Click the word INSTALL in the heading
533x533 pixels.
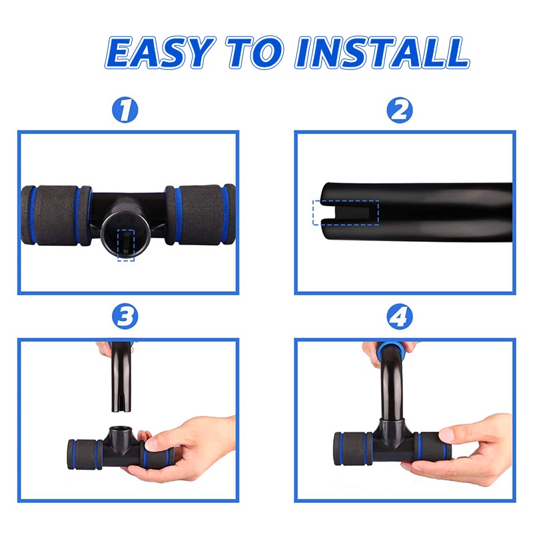pyautogui.click(x=382, y=53)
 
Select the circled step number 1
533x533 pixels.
pyautogui.click(x=125, y=110)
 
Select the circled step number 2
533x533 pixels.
pyautogui.click(x=400, y=110)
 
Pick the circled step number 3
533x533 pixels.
pyautogui.click(x=125, y=316)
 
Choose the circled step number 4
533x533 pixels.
pyautogui.click(x=400, y=316)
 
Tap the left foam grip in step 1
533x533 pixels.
pyautogui.click(x=56, y=215)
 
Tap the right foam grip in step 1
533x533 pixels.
pyautogui.click(x=201, y=215)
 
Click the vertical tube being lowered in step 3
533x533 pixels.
pyautogui.click(x=121, y=376)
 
